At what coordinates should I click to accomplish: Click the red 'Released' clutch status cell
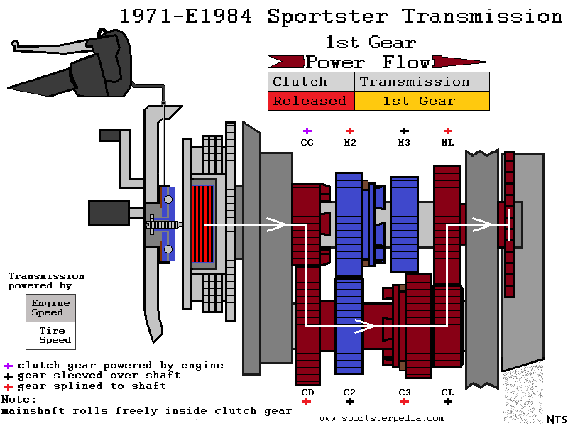(x=310, y=101)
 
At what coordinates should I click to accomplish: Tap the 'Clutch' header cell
(x=310, y=82)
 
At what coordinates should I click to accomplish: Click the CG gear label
(x=307, y=142)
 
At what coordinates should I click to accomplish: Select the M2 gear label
(x=350, y=142)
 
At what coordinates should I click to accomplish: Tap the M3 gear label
(x=404, y=142)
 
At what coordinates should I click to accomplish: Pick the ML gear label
(x=447, y=142)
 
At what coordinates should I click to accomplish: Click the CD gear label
(x=307, y=391)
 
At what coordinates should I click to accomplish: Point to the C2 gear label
(x=349, y=391)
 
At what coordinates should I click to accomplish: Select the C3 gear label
(x=404, y=391)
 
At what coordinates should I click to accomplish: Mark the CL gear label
(x=447, y=391)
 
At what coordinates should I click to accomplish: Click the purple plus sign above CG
(x=307, y=131)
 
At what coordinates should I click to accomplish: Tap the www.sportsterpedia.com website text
(x=381, y=418)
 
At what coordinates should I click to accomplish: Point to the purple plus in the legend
(x=8, y=366)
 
